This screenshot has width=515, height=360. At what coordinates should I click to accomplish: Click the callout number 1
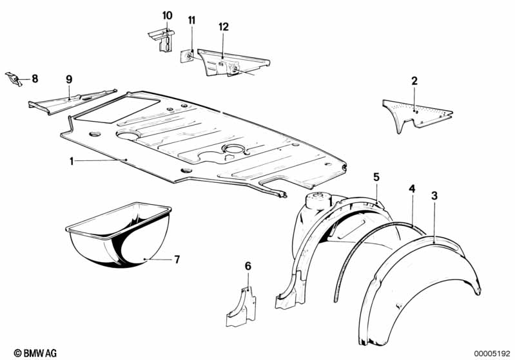72,161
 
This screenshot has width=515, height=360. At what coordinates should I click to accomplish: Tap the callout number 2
414,81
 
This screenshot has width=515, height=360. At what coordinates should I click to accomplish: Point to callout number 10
167,15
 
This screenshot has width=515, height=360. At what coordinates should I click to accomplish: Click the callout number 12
224,27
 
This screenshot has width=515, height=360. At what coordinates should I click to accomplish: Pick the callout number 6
248,266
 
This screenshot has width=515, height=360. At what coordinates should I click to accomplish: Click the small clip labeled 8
14,79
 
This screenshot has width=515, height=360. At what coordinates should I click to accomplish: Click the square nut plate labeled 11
187,56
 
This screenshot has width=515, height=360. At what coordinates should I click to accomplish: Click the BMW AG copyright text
35,353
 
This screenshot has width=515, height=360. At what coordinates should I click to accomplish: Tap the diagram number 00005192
492,354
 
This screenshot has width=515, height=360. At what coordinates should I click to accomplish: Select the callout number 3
434,196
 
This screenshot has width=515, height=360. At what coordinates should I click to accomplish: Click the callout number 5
376,177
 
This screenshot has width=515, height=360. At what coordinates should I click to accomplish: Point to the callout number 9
69,79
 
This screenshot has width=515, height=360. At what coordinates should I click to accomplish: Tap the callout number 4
411,189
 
